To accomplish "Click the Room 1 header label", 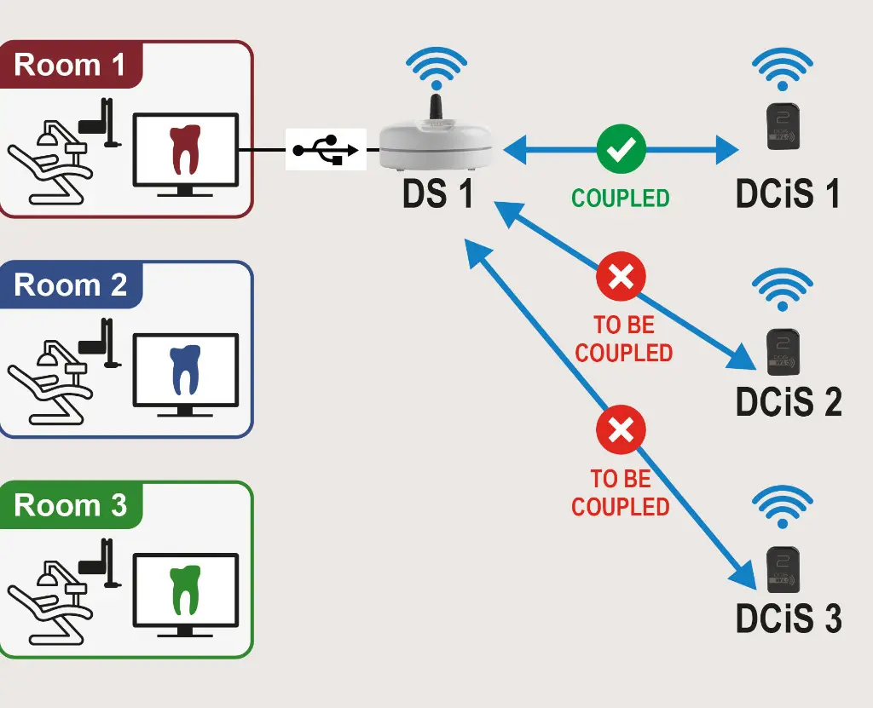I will point(70,64).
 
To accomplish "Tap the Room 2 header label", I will point(70,285).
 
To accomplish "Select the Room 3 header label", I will point(70,505).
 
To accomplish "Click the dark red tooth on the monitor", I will point(184,150).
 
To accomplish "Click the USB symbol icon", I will point(325,150).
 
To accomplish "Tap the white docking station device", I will point(436,143).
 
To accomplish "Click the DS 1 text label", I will point(437,194).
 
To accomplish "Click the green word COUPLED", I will point(621,199).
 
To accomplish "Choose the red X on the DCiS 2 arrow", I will point(621,278).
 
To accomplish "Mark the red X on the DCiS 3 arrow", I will point(621,429).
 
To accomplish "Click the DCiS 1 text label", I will point(788,194).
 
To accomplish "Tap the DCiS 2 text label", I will point(788,402).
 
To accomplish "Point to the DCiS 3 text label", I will point(788,618).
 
